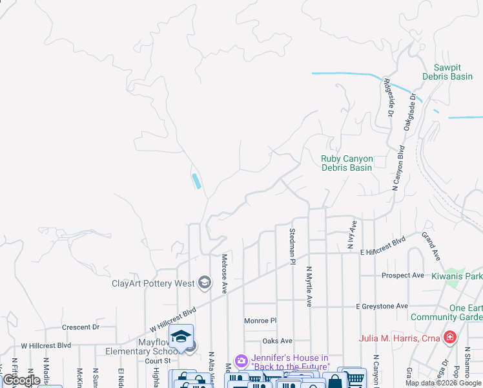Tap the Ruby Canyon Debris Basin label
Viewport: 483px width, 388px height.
tap(347, 163)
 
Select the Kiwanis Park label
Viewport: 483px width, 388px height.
tap(463, 275)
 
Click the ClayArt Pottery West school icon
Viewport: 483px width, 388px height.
tap(205, 281)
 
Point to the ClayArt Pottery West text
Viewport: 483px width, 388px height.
tap(153, 283)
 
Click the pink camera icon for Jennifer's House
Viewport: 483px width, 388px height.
tap(241, 360)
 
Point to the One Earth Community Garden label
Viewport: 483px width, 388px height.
tap(456, 312)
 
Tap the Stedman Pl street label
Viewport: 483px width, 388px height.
tap(292, 246)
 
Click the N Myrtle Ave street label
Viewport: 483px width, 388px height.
tap(309, 285)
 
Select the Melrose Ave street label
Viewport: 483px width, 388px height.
tap(224, 273)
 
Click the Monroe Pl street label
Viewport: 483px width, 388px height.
tap(260, 320)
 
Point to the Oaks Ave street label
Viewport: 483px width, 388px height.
tap(277, 341)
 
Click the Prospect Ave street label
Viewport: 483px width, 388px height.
tap(402, 275)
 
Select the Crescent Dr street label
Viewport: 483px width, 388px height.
tap(80, 327)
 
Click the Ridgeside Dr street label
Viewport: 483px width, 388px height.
tap(388, 97)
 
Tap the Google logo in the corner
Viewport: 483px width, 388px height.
tap(22, 380)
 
